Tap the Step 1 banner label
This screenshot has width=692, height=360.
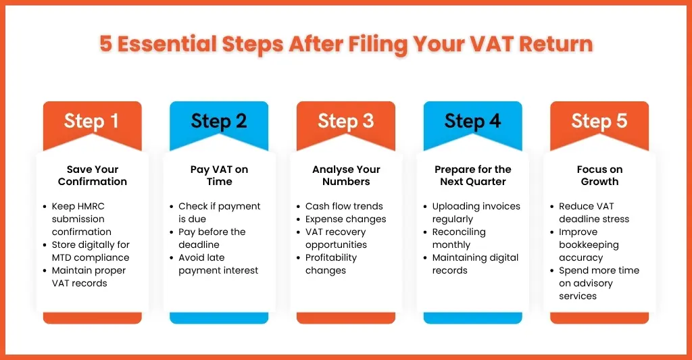click(x=92, y=121)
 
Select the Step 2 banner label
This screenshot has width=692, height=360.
click(x=219, y=121)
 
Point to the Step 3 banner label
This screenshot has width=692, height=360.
click(x=345, y=121)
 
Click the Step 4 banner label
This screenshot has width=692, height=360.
click(x=472, y=121)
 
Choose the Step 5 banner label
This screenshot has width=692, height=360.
click(x=599, y=121)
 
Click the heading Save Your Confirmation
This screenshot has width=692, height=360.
click(x=92, y=176)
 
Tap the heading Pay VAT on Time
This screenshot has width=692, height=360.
click(x=220, y=176)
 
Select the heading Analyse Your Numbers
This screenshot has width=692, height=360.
click(x=346, y=176)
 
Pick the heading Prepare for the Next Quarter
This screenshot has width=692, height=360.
click(x=472, y=176)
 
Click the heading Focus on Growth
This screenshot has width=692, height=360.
click(x=600, y=176)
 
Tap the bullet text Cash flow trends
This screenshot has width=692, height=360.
click(x=344, y=207)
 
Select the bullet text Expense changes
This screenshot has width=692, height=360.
click(x=345, y=220)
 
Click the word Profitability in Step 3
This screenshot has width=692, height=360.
click(x=331, y=258)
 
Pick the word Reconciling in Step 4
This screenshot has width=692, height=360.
click(x=459, y=232)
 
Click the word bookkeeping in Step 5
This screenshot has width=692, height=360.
click(x=589, y=245)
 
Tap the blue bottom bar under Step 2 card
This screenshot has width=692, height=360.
click(x=219, y=318)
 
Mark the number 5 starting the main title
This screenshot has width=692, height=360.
click(x=105, y=44)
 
